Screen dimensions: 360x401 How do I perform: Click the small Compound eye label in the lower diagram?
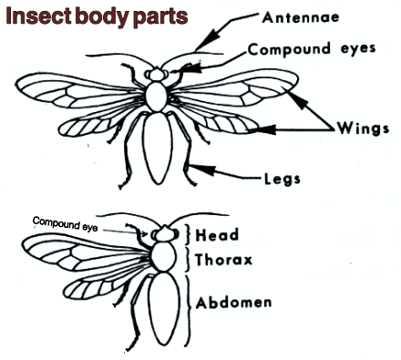pyautogui.click(x=65, y=221)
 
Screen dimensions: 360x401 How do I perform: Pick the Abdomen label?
pyautogui.click(x=236, y=301)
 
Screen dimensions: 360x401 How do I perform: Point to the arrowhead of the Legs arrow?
pyautogui.click(x=196, y=166)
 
